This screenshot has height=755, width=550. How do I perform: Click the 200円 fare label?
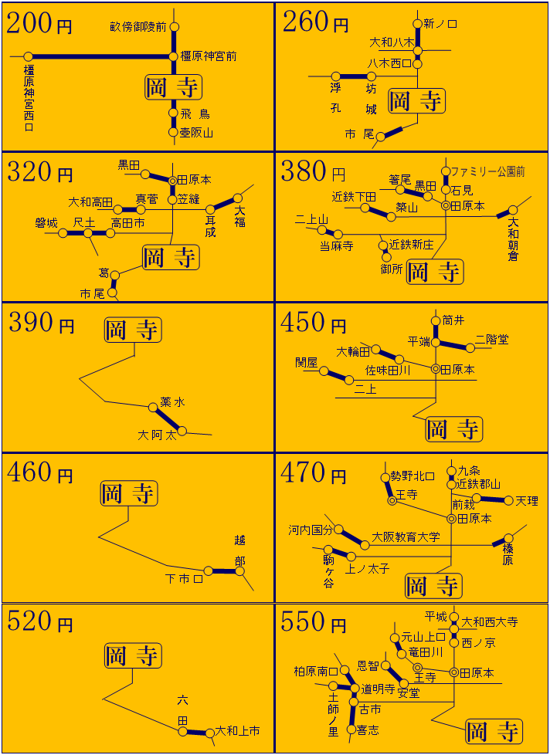point(39,23)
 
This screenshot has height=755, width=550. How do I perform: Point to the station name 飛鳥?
point(195,114)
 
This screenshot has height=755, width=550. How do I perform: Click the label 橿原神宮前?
point(208,56)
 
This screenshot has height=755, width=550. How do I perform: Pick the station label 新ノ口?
point(440,24)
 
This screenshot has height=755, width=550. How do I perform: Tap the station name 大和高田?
point(90,201)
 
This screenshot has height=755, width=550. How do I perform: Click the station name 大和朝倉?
point(514,239)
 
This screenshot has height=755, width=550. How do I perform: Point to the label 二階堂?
point(491,340)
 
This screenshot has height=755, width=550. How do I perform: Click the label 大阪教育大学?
point(406,537)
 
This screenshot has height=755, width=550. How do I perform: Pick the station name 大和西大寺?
point(490,621)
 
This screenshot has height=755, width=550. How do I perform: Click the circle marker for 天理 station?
point(508,500)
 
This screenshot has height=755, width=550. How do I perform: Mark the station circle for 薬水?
point(153,408)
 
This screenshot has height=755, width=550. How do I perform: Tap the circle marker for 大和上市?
point(209,733)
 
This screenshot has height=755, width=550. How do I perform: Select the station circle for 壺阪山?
point(173,132)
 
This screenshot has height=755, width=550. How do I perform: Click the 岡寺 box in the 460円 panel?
point(129,493)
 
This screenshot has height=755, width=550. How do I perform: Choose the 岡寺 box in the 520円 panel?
point(132,656)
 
